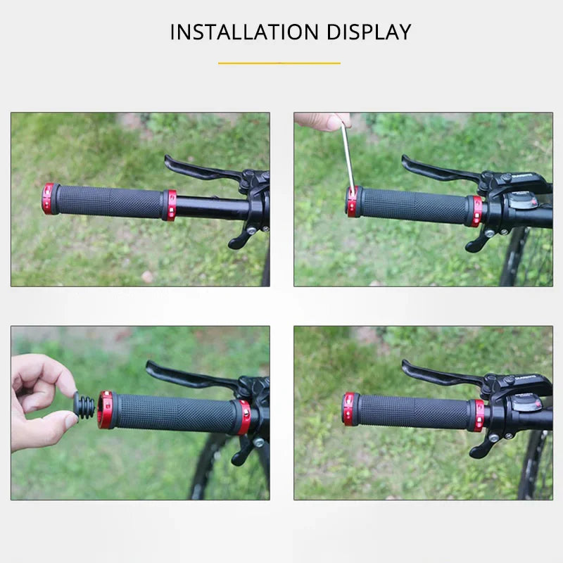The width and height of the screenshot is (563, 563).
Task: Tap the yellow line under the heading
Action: pyautogui.click(x=279, y=63)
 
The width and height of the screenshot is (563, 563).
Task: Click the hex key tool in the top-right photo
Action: pyautogui.click(x=348, y=158)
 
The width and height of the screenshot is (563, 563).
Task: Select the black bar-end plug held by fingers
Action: pyautogui.click(x=84, y=407)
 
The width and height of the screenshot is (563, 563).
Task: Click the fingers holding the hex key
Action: pyautogui.click(x=322, y=121)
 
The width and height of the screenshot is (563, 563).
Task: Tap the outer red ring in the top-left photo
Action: pyautogui.click(x=48, y=198)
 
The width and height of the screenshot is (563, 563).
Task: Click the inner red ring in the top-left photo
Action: pyautogui.click(x=170, y=205)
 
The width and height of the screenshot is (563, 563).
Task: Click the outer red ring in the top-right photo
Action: pyautogui.click(x=352, y=202)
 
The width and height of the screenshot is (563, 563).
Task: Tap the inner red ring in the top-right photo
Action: pyautogui.click(x=476, y=211)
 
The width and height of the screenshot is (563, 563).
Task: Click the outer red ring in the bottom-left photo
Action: pyautogui.click(x=106, y=410)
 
